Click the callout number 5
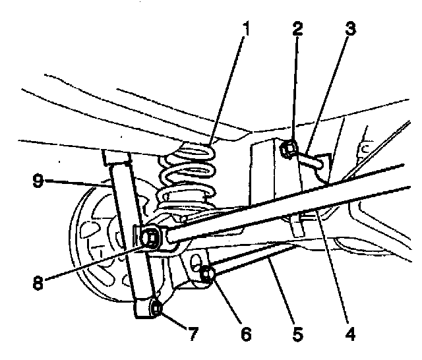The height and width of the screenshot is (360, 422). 297,335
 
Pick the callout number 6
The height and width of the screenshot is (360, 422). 245,335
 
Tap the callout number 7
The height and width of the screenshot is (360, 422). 193,335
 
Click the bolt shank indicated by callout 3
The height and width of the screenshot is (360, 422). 310,158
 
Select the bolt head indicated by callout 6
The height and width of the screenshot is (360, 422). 206,273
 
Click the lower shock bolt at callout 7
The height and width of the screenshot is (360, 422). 156,307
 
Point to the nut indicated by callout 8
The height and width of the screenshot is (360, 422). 152,235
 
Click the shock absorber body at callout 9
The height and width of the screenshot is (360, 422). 129,218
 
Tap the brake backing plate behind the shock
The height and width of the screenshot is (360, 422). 92,237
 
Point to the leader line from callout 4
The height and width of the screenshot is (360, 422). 333,270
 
